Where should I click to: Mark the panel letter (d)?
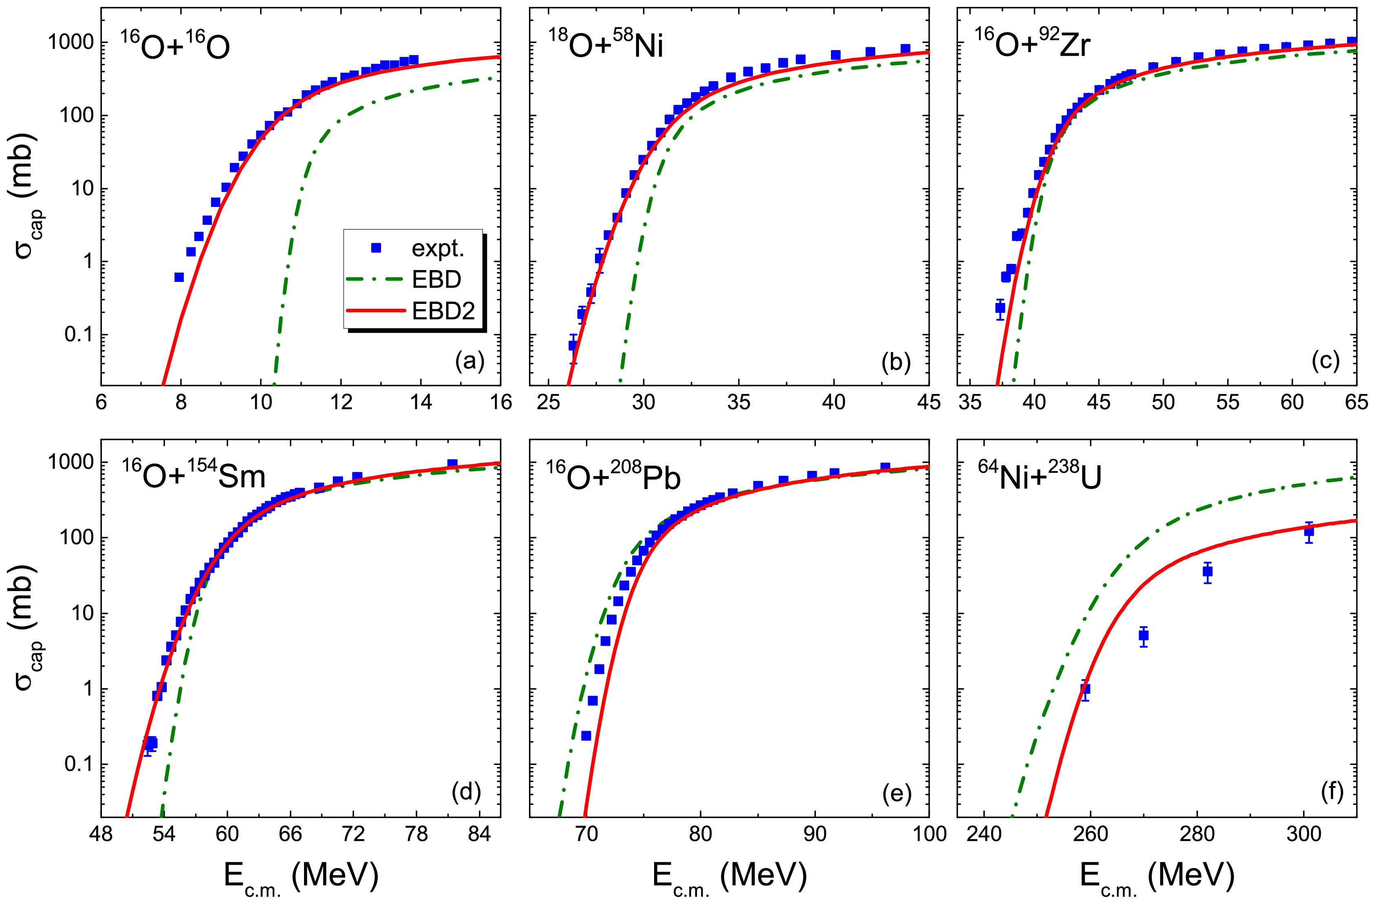click(x=466, y=793)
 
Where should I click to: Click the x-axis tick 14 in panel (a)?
click(x=421, y=402)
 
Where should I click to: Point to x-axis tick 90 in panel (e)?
click(x=815, y=834)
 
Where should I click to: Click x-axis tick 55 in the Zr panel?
click(x=1227, y=402)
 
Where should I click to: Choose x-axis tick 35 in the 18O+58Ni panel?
click(x=738, y=402)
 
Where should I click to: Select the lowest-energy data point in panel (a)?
click(x=179, y=277)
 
